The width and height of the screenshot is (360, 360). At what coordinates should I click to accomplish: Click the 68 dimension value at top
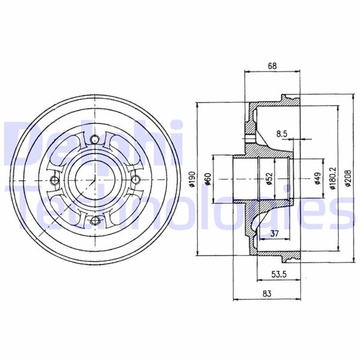(x=272, y=66)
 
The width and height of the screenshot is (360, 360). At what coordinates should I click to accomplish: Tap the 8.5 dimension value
(x=282, y=134)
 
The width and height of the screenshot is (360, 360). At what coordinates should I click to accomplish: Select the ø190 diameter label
(x=192, y=179)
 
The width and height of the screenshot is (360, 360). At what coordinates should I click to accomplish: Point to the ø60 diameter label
(x=208, y=179)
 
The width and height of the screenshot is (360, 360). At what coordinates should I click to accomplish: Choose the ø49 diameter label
(x=317, y=179)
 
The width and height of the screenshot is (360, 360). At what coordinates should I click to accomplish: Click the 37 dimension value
(x=275, y=233)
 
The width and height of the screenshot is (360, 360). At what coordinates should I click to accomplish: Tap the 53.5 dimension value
(x=279, y=274)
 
